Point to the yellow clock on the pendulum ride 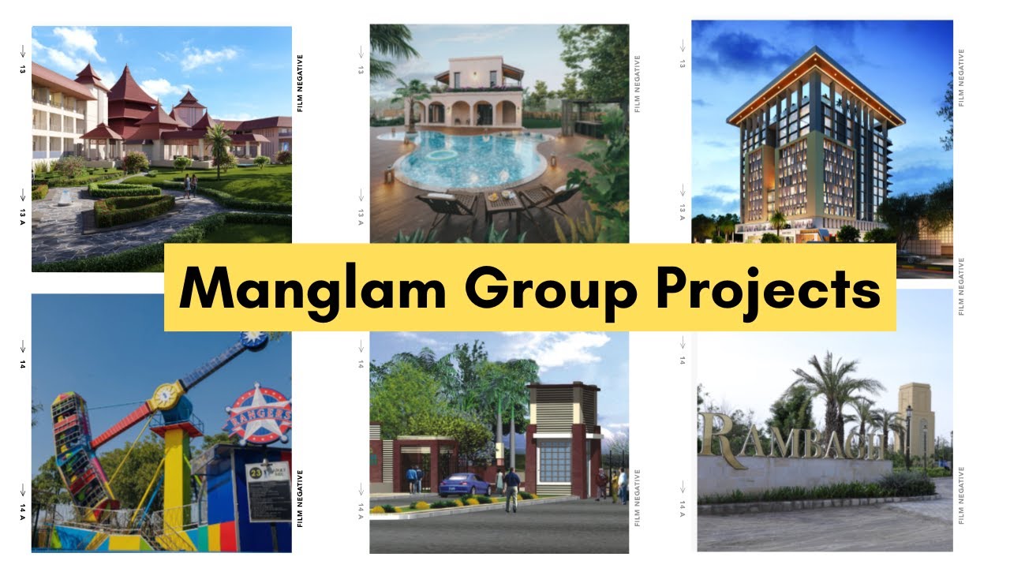point(167,394)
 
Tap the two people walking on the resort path point(190,186)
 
